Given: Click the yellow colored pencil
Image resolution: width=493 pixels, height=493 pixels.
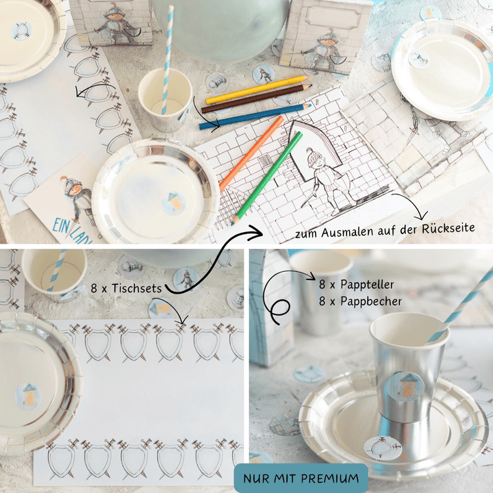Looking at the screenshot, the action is coord(257,89).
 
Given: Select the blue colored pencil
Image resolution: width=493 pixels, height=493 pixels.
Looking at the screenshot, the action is coord(255,116).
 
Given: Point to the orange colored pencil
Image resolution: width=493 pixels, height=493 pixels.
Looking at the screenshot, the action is coord(251,153).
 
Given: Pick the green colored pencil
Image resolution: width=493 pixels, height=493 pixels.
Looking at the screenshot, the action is coord(267,178).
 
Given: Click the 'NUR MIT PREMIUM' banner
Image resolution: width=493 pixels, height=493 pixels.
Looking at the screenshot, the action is coord(301,478).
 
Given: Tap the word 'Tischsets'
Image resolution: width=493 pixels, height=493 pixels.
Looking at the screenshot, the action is coord(136,288).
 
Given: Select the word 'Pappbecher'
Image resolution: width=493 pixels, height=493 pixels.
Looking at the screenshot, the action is coord(371,301).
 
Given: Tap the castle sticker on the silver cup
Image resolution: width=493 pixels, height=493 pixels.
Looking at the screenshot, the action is coord(405,387).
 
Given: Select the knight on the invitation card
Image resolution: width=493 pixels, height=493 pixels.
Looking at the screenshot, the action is coord(77,197).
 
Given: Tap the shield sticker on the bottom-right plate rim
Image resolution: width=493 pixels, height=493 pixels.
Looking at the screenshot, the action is coord(383,447).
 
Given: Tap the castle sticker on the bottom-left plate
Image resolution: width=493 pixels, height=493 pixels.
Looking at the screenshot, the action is coord(28,396).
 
